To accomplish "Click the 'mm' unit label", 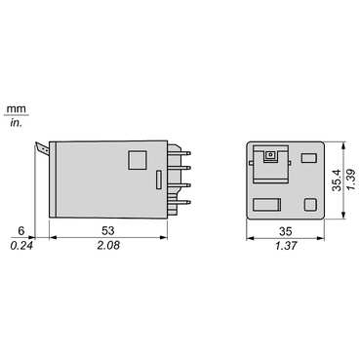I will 16,109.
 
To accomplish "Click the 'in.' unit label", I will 16,123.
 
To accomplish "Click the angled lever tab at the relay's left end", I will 41,148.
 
